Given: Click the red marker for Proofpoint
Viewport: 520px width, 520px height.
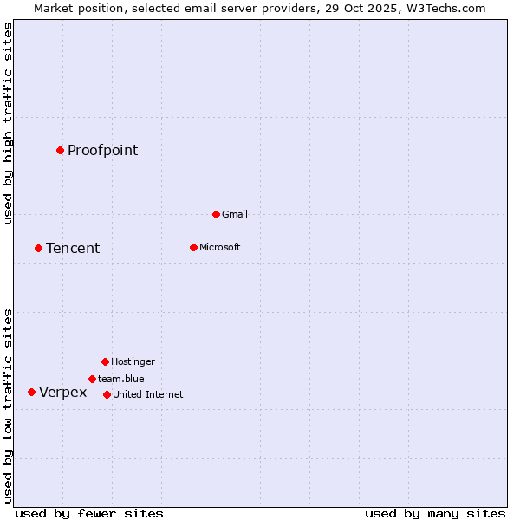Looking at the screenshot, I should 60,150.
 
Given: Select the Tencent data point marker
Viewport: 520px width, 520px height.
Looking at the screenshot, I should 38,248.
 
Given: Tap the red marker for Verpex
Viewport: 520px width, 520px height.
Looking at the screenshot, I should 31,392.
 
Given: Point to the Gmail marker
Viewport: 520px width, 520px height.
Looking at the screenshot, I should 216,214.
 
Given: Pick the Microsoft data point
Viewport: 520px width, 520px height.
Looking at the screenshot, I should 193,247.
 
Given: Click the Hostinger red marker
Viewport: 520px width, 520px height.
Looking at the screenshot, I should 105,361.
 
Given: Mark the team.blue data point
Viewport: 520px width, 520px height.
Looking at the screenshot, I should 92,379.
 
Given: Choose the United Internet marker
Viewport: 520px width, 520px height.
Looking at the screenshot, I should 107,394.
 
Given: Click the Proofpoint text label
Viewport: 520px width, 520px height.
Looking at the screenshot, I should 102,151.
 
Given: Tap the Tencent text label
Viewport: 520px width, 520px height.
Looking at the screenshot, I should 73,249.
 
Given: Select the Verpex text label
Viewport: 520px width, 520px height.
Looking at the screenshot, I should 62,393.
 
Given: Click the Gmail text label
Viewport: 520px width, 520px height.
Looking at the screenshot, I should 235,214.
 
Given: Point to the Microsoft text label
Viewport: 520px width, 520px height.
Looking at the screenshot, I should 219,247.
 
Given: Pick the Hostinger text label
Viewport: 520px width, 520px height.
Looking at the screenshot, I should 133,361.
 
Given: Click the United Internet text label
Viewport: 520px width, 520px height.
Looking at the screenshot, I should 147,394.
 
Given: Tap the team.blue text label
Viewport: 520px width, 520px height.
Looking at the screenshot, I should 120,379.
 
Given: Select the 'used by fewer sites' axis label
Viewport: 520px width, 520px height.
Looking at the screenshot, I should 89,513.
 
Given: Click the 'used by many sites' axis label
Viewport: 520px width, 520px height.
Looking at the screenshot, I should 435,513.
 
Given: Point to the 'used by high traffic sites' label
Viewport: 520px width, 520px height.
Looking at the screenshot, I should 9,124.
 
